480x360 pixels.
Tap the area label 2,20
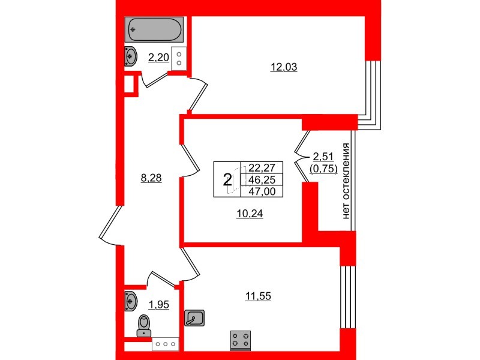point(158,58)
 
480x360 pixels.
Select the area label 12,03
point(284,68)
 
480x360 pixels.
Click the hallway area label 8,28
point(152,178)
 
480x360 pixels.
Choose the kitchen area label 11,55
point(259,296)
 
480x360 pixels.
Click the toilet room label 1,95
point(159,305)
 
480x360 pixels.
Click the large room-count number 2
point(227,179)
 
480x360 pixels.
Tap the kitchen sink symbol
point(195,317)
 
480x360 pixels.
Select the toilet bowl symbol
point(144,325)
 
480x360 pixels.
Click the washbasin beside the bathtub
point(131,57)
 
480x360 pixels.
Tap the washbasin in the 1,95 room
point(131,301)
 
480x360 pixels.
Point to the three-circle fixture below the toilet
point(166,344)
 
